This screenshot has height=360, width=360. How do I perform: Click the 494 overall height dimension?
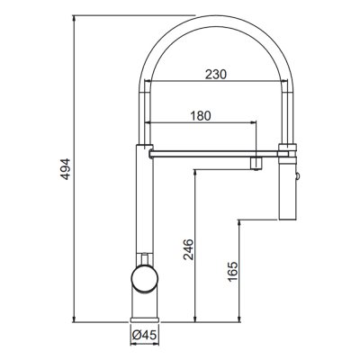64,168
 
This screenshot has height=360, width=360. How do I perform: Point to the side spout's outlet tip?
258,162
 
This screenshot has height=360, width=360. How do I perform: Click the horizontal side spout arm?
198,156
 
